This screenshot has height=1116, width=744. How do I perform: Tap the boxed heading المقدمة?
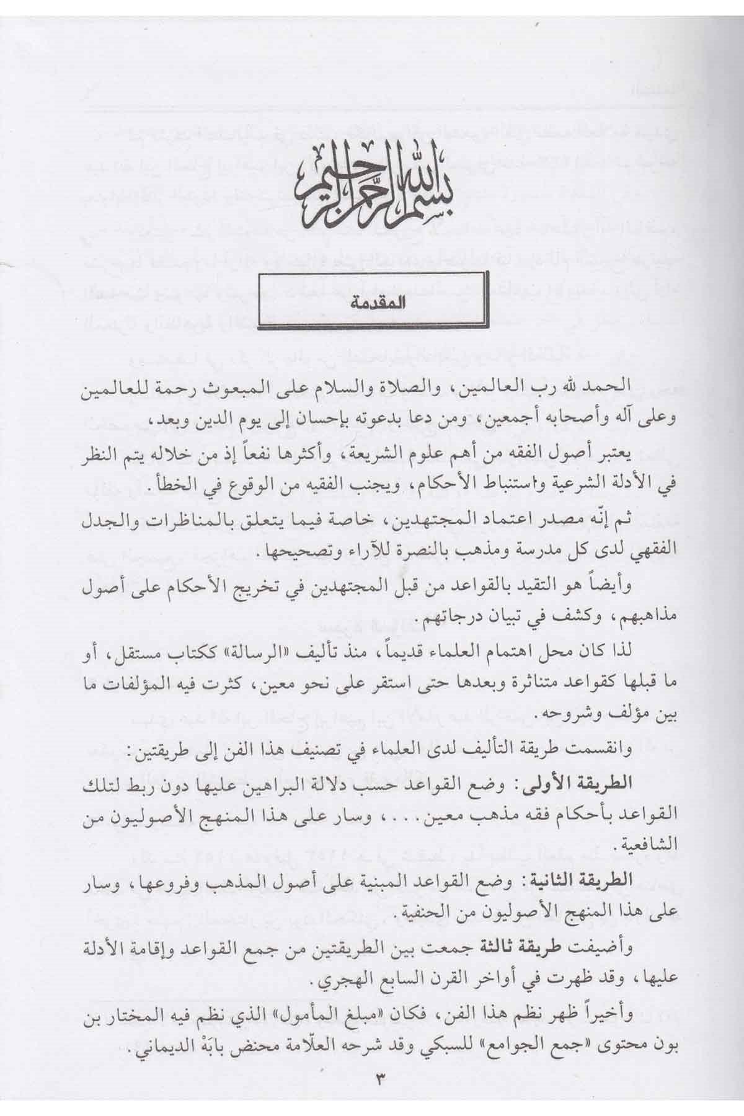point(370,305)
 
